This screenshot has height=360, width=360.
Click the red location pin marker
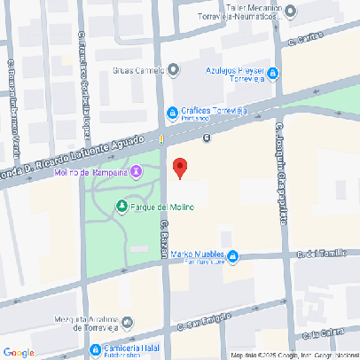pos(180,168)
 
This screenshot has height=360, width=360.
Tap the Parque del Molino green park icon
pos(121,207)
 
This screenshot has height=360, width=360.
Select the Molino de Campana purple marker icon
pos(136,171)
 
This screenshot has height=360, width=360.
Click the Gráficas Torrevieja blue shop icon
pos(173,112)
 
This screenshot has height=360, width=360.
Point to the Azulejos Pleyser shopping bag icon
pos(273,72)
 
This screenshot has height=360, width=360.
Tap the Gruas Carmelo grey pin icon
pos(174,70)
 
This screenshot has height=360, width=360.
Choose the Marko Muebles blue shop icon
pos(232,257)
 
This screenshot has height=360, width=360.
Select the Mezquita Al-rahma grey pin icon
pos(127,321)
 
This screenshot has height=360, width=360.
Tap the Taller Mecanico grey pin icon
pos(291,11)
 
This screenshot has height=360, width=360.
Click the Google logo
pos(20,352)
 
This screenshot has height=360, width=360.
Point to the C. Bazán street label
pos(165,239)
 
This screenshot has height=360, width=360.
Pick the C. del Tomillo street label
pos(320,253)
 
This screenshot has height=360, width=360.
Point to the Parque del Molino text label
pos(162,207)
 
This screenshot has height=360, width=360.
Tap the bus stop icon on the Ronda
pos(207,137)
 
